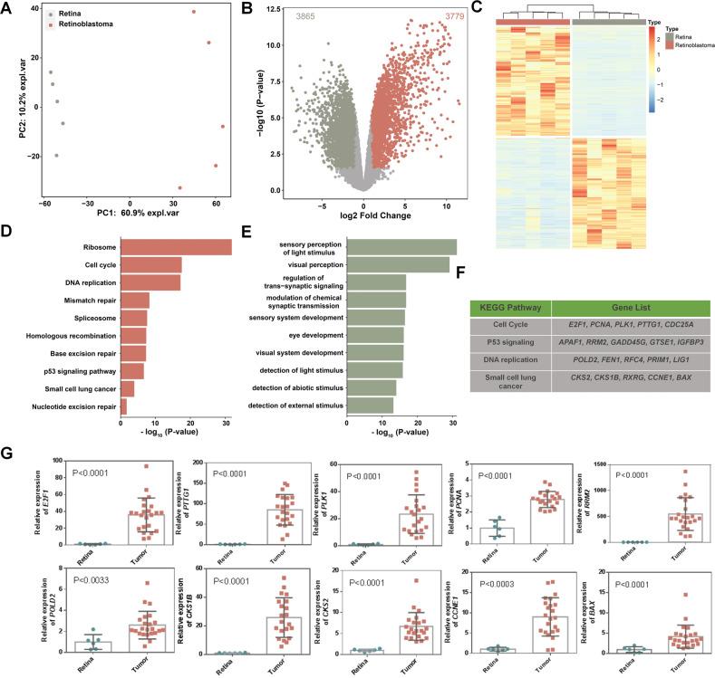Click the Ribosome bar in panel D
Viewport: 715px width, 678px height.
click(175, 247)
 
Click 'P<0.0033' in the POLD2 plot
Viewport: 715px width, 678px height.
click(89, 572)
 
